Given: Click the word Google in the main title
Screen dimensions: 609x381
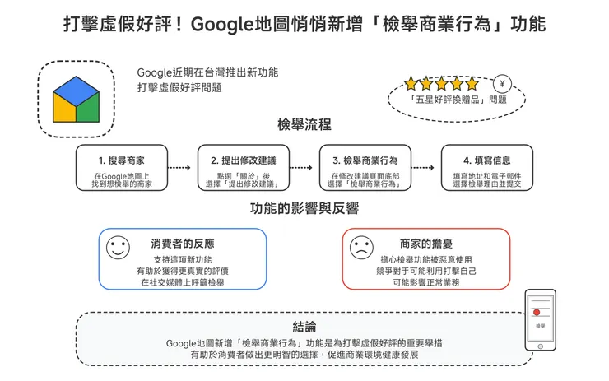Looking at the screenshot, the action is [221, 25].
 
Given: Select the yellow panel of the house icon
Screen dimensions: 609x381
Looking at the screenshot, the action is [64, 109].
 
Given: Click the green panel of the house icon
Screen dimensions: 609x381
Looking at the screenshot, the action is [88, 109].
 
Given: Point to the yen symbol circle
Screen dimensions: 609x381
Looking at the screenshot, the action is [502, 83].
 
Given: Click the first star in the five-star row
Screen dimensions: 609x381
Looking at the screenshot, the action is [411, 83].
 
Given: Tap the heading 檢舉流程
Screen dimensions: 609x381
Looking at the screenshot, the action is [304, 125].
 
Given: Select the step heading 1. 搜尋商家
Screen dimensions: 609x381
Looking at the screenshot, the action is [122, 160].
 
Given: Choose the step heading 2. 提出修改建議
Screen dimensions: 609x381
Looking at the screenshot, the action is [244, 160].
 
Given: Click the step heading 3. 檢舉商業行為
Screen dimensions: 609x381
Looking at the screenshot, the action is [365, 160].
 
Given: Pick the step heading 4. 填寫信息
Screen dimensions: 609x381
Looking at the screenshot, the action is [487, 160].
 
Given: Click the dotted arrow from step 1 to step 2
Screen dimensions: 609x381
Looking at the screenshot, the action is [179, 168].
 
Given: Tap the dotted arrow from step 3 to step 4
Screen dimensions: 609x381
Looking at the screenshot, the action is [422, 168].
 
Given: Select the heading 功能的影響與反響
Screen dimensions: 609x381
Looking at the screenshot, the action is [304, 208].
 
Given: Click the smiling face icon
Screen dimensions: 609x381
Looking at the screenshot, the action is [118, 248].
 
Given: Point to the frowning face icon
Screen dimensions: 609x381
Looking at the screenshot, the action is [361, 248].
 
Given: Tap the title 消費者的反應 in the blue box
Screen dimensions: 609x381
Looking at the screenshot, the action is [183, 244].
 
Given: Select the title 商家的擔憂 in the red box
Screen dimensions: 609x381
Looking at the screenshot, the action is [426, 244].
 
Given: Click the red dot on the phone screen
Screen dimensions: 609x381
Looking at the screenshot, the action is [537, 312].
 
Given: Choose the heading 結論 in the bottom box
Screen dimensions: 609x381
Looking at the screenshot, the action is [304, 327].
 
